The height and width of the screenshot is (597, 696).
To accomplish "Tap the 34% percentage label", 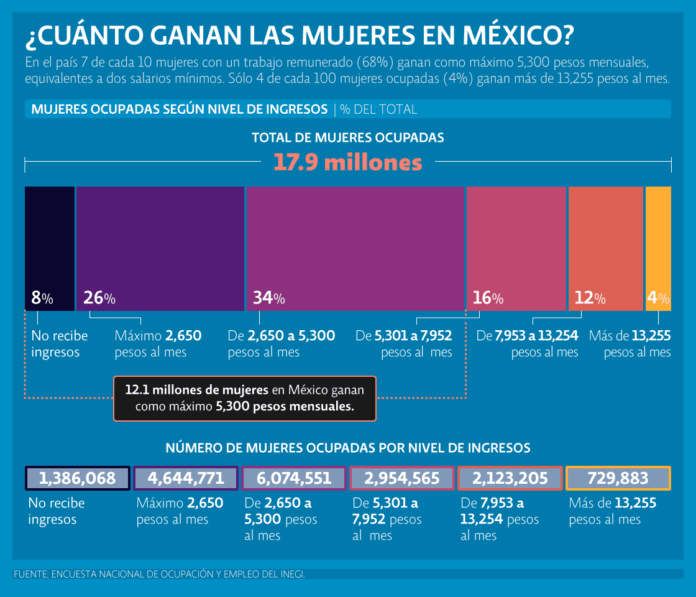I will tap(268, 298).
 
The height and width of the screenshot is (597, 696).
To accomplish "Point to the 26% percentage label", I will tap(99, 298).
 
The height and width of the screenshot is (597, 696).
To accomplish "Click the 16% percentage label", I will tap(488, 298).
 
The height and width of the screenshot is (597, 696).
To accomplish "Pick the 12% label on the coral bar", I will tap(590, 298).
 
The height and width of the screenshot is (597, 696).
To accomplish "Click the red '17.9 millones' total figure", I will tap(348, 163).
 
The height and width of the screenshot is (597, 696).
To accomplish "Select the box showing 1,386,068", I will tap(78, 478).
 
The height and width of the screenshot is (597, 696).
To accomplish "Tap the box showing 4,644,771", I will tap(186, 478).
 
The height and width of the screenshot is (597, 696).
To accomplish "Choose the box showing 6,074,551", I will tap(294, 478).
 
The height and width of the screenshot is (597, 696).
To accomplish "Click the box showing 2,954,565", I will tap(402, 478).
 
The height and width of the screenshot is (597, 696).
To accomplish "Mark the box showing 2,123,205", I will tap(510, 478).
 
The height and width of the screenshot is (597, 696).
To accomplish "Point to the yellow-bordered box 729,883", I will tap(618, 478).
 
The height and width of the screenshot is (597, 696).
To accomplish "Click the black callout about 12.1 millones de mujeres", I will tap(245, 399).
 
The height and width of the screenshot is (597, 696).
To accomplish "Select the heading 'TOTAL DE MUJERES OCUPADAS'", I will tap(348, 137).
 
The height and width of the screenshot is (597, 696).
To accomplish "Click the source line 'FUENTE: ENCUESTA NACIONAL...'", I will tap(159, 574).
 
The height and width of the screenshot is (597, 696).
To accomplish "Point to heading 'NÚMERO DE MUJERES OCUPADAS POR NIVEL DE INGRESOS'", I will tap(348, 448).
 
